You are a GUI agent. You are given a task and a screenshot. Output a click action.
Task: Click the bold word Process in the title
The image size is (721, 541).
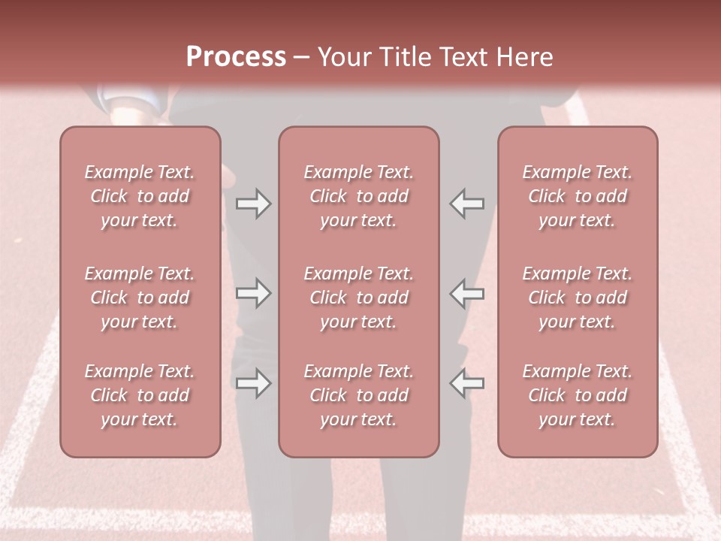point(236,57)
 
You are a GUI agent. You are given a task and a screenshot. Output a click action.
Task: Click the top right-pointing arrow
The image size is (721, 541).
point(253,204)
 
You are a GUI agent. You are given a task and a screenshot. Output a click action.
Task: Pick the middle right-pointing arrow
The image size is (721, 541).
point(253,293)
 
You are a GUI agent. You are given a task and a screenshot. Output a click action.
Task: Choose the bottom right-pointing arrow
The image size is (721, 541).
point(253,383)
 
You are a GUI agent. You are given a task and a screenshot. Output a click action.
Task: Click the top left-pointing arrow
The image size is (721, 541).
point(467,204)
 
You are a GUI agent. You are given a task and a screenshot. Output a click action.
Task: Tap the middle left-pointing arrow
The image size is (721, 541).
point(467,293)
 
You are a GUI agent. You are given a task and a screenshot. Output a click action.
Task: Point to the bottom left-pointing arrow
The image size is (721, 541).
point(467,383)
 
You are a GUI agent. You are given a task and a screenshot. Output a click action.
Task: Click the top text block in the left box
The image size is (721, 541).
point(140,196)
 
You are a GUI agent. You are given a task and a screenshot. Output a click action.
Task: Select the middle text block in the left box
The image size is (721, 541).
point(140,298)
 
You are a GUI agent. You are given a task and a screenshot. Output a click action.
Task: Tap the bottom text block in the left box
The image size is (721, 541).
point(140,395)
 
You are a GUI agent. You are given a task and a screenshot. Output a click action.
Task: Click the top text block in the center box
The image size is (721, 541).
point(358,196)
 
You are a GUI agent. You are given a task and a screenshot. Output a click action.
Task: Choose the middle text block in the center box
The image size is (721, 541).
point(358,298)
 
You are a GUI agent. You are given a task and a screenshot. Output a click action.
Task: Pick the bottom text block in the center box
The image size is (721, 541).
point(358,395)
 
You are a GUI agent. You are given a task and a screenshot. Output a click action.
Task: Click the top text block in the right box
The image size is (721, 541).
point(577,196)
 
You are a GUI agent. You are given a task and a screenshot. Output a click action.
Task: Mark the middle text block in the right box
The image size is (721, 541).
point(577,298)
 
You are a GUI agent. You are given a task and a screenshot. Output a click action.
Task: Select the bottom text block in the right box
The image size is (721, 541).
point(577,395)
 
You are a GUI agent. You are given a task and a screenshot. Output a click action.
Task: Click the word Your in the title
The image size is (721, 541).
point(345,57)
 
